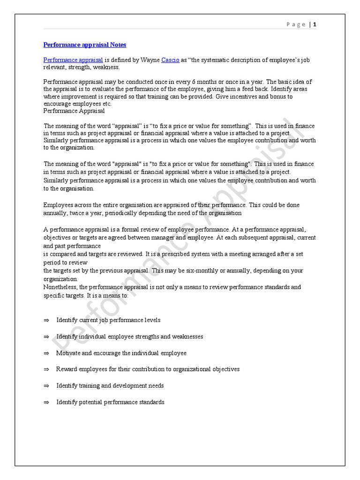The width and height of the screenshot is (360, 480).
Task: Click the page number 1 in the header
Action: (315, 24)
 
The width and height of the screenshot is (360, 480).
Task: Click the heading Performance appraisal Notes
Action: (84, 45)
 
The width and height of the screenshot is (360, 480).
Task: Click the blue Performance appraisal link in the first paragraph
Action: (73, 60)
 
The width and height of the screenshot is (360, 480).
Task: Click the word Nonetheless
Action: (60, 287)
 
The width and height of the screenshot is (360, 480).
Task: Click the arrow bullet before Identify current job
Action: (46, 320)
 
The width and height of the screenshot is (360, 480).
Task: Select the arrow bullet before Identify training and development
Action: (46, 386)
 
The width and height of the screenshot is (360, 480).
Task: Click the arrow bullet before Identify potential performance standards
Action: (46, 402)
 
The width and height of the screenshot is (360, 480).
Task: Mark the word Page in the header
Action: (296, 24)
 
